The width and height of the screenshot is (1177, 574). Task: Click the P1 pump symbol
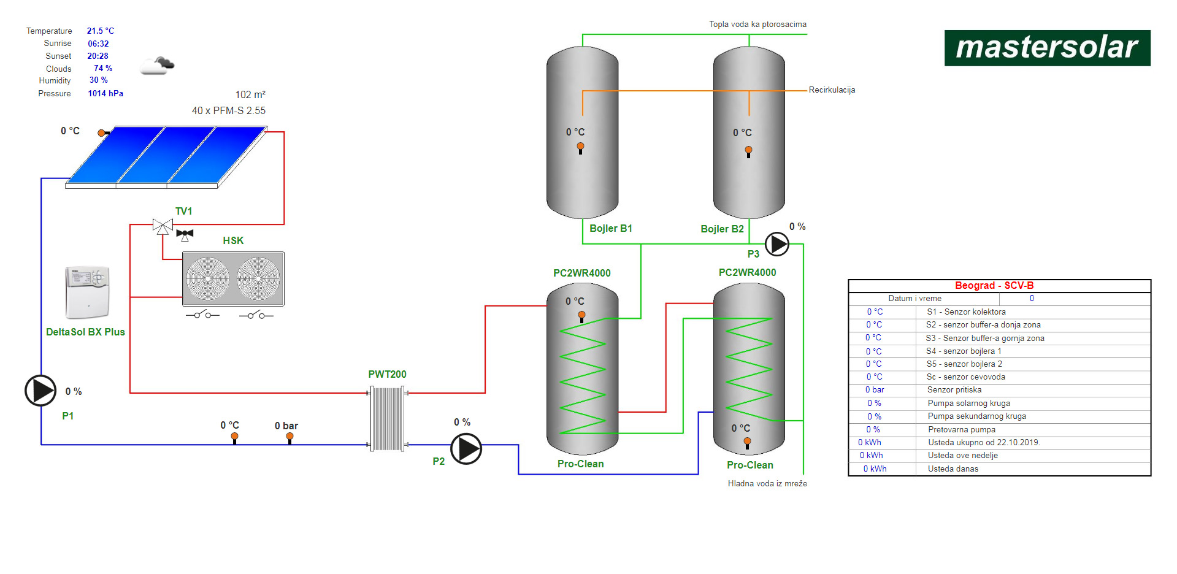coord(40,391)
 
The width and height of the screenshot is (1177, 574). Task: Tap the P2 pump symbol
coord(466,449)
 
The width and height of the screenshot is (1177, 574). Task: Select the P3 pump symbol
coord(777,244)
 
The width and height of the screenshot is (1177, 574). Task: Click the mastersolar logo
coord(1047,48)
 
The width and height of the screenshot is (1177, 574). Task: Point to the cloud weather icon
coord(157,65)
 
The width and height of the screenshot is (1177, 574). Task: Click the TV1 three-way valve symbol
coord(163,226)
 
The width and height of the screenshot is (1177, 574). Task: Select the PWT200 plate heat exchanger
coord(387,419)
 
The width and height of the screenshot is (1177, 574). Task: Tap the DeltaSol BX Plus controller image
coord(87,293)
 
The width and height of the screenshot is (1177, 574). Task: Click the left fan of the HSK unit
coord(207,278)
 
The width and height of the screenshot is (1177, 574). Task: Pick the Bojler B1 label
coord(610,228)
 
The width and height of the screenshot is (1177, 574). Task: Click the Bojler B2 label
coord(722,229)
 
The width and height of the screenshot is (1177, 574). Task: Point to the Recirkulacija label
coord(832,90)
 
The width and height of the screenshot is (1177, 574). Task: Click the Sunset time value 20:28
coord(98,56)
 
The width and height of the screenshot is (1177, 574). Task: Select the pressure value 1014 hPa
coord(105,93)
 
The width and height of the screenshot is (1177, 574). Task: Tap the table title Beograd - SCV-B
coord(994,286)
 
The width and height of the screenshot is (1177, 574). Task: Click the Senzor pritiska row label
coord(954,390)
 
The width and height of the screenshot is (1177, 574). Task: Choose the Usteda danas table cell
coord(953,469)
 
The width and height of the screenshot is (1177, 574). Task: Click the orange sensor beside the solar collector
coord(102,132)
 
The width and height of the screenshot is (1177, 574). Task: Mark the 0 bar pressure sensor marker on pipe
coord(289,437)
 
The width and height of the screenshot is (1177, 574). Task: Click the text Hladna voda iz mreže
coord(767,484)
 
